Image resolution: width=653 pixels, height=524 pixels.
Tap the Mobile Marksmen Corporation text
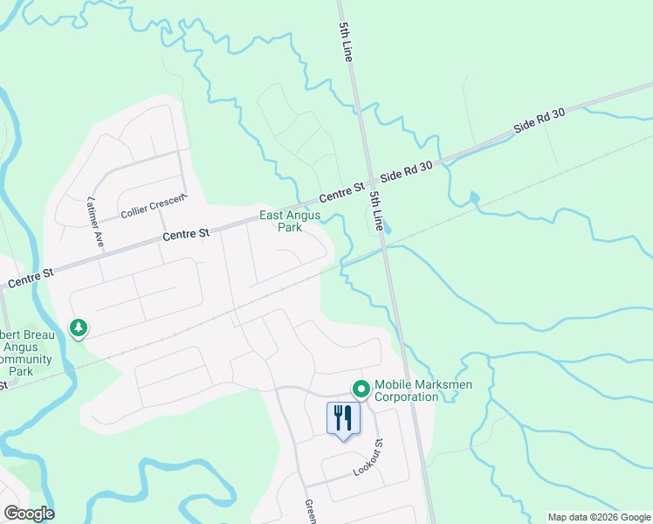(406, 390)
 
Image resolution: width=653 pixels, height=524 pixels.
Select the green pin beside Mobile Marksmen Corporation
(360, 389)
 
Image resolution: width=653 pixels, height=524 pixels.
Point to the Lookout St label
(368, 457)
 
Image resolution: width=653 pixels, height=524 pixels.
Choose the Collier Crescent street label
(155, 206)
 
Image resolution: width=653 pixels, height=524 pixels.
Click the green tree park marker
(79, 327)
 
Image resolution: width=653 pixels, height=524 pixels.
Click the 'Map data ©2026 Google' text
(599, 517)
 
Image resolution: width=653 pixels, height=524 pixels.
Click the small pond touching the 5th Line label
(384, 230)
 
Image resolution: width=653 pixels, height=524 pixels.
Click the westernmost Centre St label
(31, 279)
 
